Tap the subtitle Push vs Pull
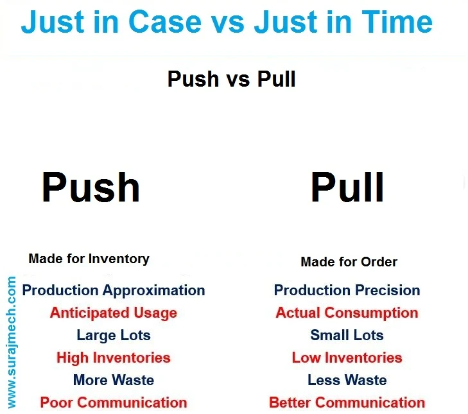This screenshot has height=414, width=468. (x=231, y=79)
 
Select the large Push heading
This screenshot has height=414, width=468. (x=91, y=187)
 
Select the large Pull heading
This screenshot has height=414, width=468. (x=347, y=187)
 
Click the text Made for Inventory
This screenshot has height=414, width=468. (x=89, y=259)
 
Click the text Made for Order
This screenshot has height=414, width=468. (x=349, y=262)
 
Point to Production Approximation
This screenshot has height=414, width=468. (x=114, y=290)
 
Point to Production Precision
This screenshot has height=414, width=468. (x=347, y=290)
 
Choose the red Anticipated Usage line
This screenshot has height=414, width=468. (x=113, y=313)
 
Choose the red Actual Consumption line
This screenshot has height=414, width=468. (x=347, y=313)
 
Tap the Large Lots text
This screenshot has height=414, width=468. (x=113, y=335)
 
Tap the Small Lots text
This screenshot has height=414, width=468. (x=347, y=335)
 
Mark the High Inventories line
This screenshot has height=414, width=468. (x=113, y=358)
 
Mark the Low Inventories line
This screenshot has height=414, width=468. (x=347, y=358)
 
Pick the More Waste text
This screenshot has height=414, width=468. (x=113, y=380)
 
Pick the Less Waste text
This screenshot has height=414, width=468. (x=347, y=380)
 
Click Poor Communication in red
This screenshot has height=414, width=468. (x=113, y=402)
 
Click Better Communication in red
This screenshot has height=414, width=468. (x=347, y=402)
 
